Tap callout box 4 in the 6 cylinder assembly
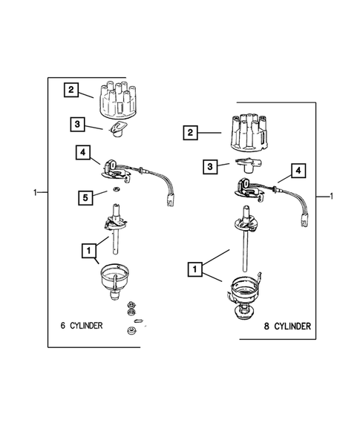click(84, 153)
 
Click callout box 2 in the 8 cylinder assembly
click(191, 134)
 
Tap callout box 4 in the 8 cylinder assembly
click(298, 171)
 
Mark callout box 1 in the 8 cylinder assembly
click(196, 268)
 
